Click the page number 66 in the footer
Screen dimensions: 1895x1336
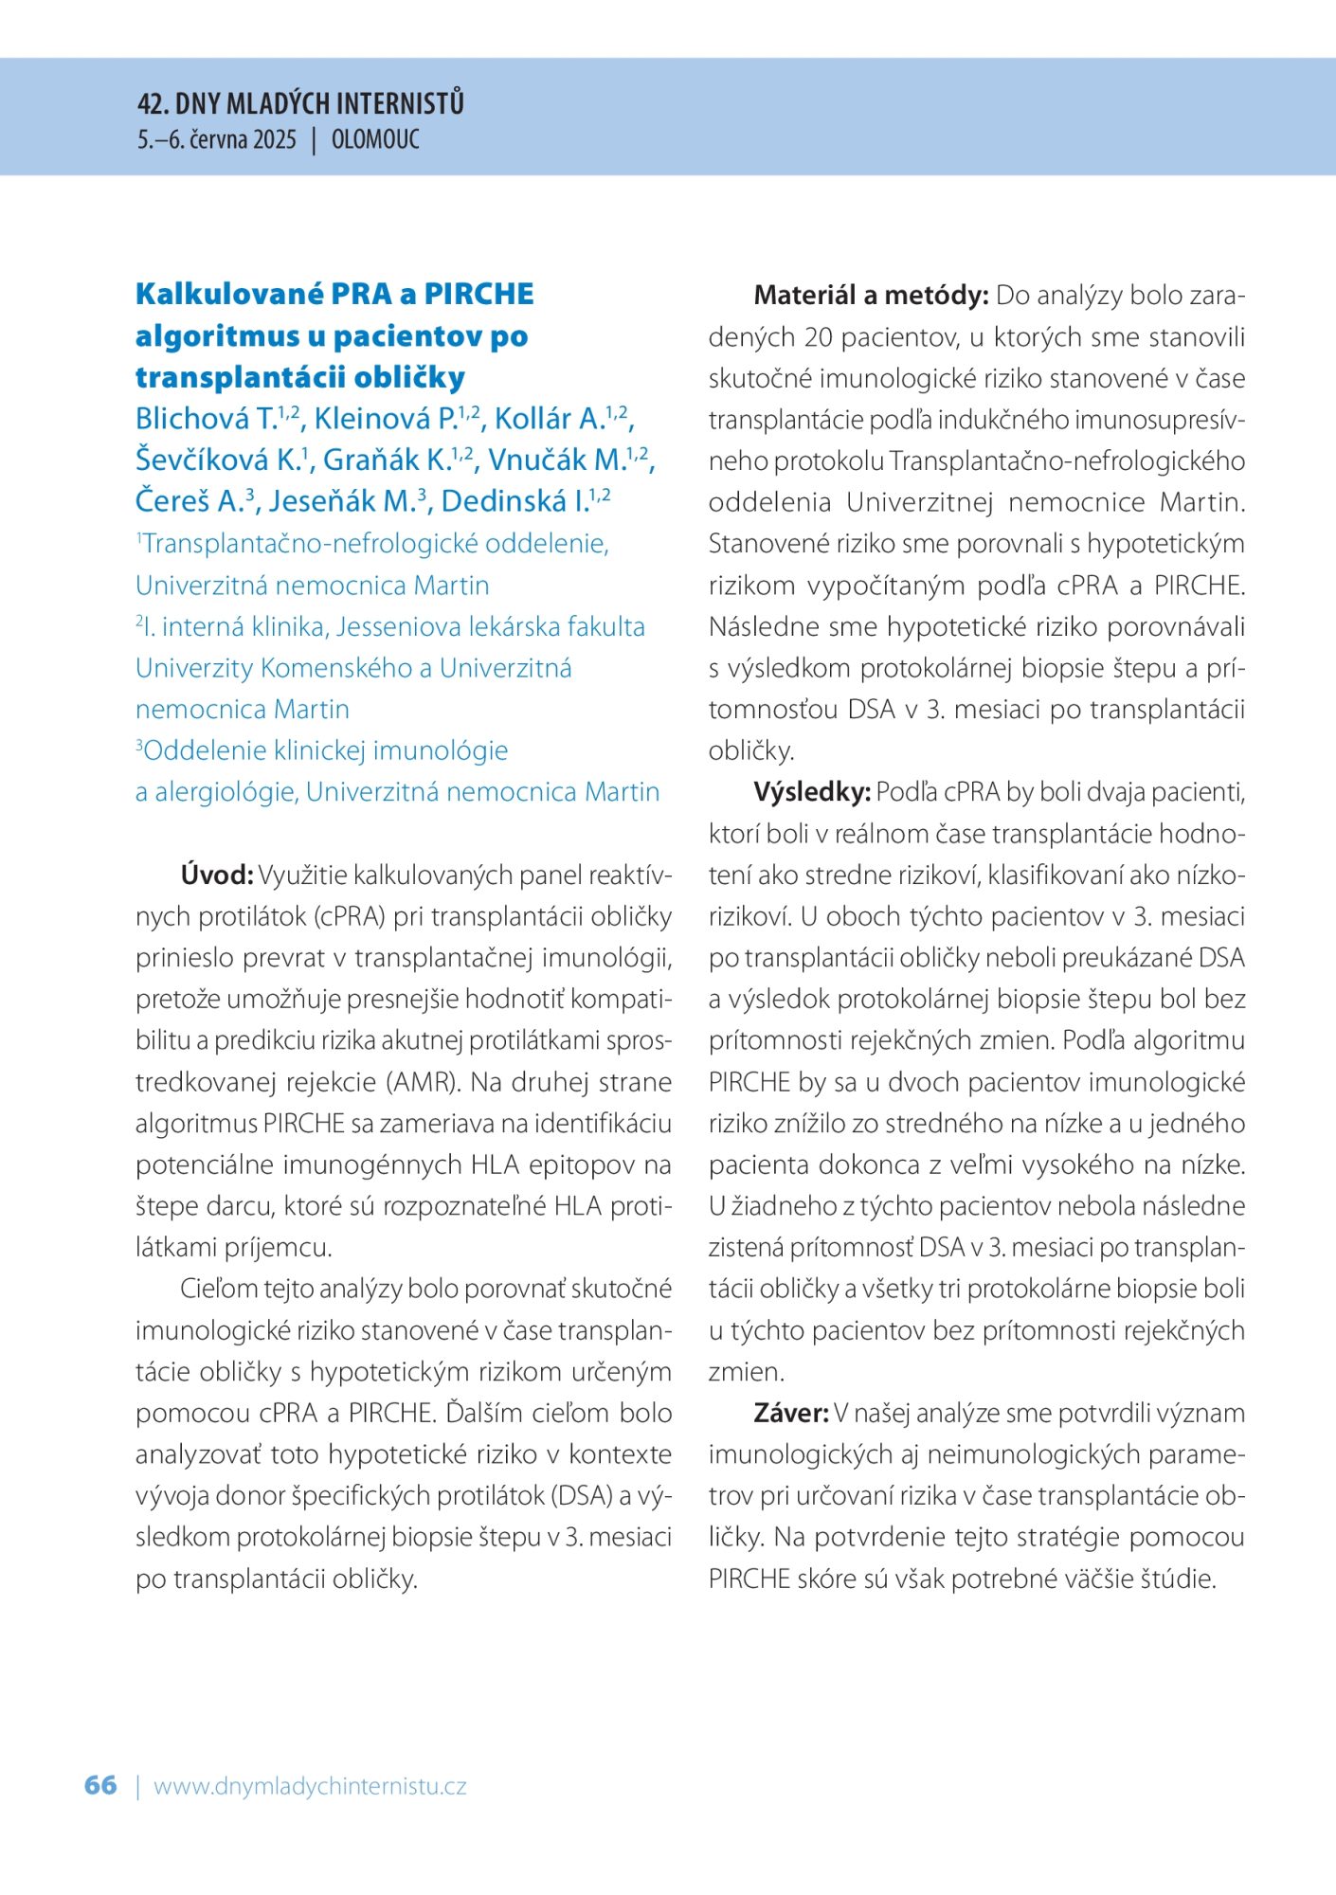coord(100,1785)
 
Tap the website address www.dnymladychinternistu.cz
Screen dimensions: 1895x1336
coord(310,1786)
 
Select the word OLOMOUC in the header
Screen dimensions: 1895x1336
coord(375,139)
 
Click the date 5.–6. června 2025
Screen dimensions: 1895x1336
coord(217,139)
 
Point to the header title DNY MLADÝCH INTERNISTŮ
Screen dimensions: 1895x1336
coord(319,103)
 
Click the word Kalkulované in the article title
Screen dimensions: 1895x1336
coord(229,294)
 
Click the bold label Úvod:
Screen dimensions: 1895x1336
coord(217,875)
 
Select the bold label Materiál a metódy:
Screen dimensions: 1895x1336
coord(871,296)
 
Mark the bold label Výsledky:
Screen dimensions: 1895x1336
coord(812,792)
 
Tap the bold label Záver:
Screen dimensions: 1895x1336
coord(791,1413)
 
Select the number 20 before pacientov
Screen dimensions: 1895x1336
coord(820,337)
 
